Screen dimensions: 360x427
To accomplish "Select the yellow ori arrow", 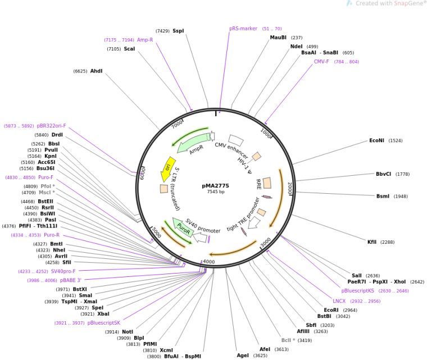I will [x=167, y=167].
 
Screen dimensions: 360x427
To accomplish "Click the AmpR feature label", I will [x=196, y=150].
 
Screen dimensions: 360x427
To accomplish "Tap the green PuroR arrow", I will [x=183, y=227].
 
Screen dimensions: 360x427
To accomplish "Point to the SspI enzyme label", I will [x=178, y=31].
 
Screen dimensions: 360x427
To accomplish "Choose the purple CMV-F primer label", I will [x=321, y=62].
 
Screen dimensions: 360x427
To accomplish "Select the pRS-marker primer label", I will [x=243, y=28].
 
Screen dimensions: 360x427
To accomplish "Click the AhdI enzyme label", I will [x=97, y=71].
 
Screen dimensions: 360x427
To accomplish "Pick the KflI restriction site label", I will [x=372, y=241].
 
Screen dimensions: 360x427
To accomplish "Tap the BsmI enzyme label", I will [x=384, y=196].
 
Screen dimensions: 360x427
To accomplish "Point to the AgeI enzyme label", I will [x=243, y=355].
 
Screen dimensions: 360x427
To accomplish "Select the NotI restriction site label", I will [x=128, y=331].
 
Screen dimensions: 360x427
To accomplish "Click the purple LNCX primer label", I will [x=339, y=301].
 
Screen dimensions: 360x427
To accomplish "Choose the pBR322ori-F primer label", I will [x=51, y=126].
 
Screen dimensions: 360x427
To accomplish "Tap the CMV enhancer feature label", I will [x=231, y=149].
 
